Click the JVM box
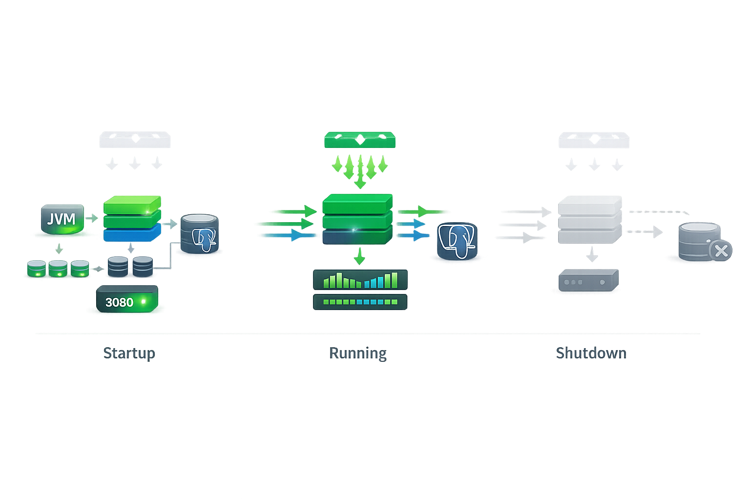point(62,219)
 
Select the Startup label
point(129,353)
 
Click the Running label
point(358,353)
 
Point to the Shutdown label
point(591,353)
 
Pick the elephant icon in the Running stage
point(457,241)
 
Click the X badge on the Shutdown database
point(721,251)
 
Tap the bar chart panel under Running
point(360,280)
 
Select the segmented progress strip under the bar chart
point(360,302)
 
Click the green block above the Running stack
point(360,140)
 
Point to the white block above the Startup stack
point(135,140)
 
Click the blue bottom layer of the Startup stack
point(132,234)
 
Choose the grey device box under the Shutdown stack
point(588,280)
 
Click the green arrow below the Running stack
point(360,255)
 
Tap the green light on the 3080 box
point(144,302)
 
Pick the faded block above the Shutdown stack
point(594,140)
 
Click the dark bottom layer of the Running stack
point(357,237)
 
